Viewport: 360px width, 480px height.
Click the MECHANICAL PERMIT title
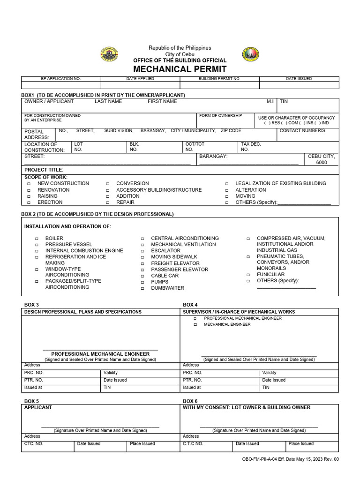180,69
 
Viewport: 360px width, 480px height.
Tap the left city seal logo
110,55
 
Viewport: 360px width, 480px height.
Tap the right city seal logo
250,55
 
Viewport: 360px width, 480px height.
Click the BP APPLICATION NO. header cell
61,79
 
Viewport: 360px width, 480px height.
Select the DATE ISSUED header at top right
299,79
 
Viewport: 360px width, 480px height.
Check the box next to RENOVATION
29,190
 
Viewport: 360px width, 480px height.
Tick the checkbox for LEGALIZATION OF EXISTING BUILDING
227,184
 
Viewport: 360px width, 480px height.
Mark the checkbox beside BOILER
37,239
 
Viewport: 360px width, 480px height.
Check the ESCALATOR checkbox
142,251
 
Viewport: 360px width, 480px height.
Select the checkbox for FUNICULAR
248,275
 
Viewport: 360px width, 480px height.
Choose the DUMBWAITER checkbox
142,288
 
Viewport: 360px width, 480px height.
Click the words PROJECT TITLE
44,170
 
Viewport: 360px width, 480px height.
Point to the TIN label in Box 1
284,101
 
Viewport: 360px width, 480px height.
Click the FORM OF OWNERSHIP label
220,116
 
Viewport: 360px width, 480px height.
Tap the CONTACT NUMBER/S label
302,131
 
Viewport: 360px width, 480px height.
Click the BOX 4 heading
190,305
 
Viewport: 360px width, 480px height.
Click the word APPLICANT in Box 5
38,407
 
